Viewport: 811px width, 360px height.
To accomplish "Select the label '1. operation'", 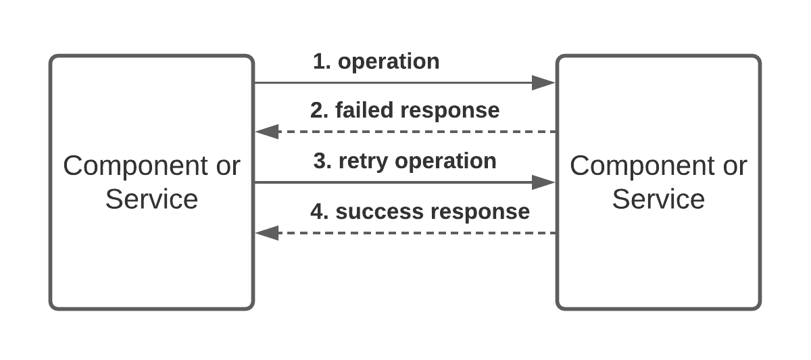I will pyautogui.click(x=376, y=61).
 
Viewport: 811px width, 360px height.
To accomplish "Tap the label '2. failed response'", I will pyautogui.click(x=405, y=110).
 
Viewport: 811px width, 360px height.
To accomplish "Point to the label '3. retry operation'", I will pyautogui.click(x=405, y=161).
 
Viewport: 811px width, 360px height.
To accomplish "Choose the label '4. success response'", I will pyautogui.click(x=420, y=211).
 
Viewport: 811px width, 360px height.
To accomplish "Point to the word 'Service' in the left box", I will pyautogui.click(x=151, y=199).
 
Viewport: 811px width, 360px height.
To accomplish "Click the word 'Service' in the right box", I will pyautogui.click(x=658, y=199).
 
